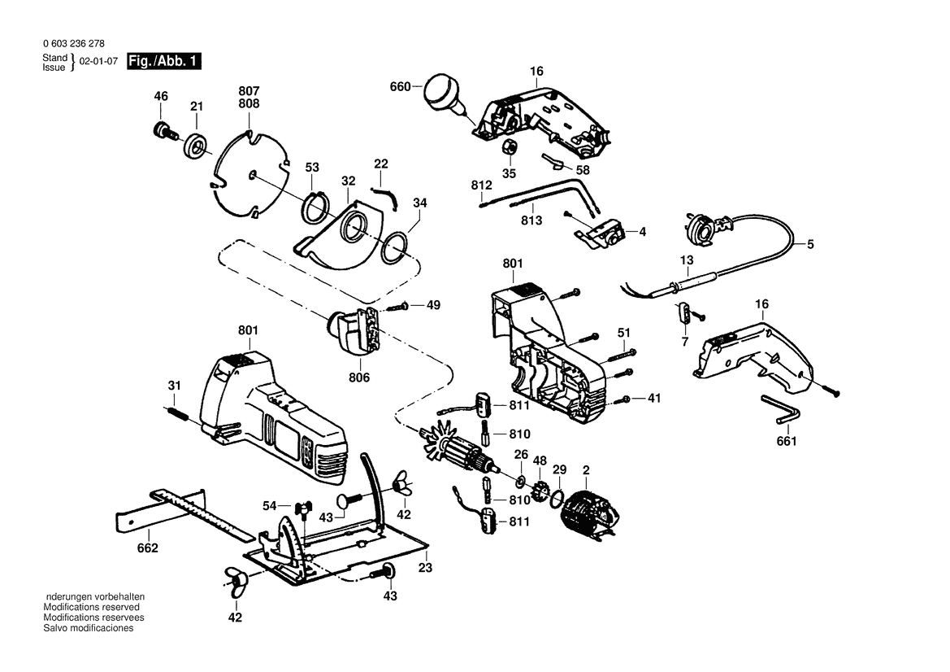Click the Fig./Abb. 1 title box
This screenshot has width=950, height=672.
163,61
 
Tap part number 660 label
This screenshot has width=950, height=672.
400,87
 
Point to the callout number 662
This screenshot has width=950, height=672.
147,548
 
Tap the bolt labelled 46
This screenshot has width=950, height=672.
163,131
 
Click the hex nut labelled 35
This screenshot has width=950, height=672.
508,147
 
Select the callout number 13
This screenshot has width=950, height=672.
687,260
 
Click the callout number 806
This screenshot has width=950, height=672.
359,377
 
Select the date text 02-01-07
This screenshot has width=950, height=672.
98,62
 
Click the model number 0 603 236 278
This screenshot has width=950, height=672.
74,44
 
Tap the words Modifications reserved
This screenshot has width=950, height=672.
91,607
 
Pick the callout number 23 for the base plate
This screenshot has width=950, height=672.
425,568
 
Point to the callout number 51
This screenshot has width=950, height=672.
624,333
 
